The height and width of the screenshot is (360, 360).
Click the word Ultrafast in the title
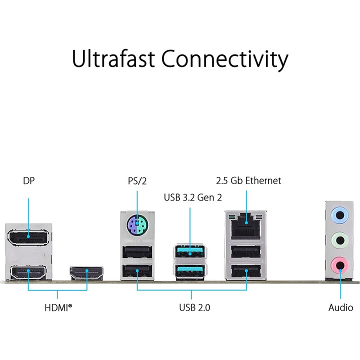click(113, 58)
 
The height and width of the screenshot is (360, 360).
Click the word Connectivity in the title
click(225, 59)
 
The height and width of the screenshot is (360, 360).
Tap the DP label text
click(28, 180)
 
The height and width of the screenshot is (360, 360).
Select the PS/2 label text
click(137, 181)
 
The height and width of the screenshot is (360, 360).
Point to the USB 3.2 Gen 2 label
click(193, 197)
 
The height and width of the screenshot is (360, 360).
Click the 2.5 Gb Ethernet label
click(248, 180)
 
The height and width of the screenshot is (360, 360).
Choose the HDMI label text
click(58, 307)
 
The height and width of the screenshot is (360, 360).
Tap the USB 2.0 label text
click(194, 307)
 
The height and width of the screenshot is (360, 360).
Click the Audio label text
click(340, 307)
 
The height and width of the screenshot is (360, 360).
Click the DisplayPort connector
click(28, 237)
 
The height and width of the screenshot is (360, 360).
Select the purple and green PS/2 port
click(137, 224)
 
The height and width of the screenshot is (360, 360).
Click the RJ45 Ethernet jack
click(246, 226)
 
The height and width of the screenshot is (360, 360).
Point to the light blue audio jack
click(340, 215)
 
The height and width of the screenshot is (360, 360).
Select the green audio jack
click(340, 240)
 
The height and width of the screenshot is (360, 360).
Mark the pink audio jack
click(340, 265)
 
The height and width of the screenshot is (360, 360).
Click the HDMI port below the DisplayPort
click(28, 272)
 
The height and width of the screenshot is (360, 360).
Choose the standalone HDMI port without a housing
click(86, 273)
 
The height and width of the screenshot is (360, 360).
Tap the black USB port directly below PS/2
click(137, 252)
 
